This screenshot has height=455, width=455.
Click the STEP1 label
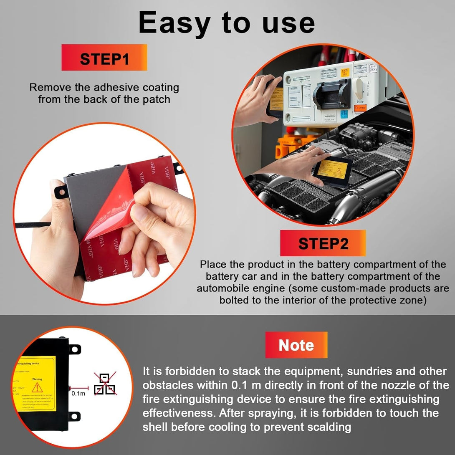pos(104,58)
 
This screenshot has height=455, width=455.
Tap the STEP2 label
pos(323,243)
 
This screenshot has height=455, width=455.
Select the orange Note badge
pos(296,345)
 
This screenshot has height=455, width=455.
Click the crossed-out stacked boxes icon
pos(105,384)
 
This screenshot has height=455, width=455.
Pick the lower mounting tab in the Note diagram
pos(75,416)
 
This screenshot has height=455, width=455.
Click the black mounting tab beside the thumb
pos(61,192)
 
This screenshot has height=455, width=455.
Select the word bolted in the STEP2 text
pos(235,300)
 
